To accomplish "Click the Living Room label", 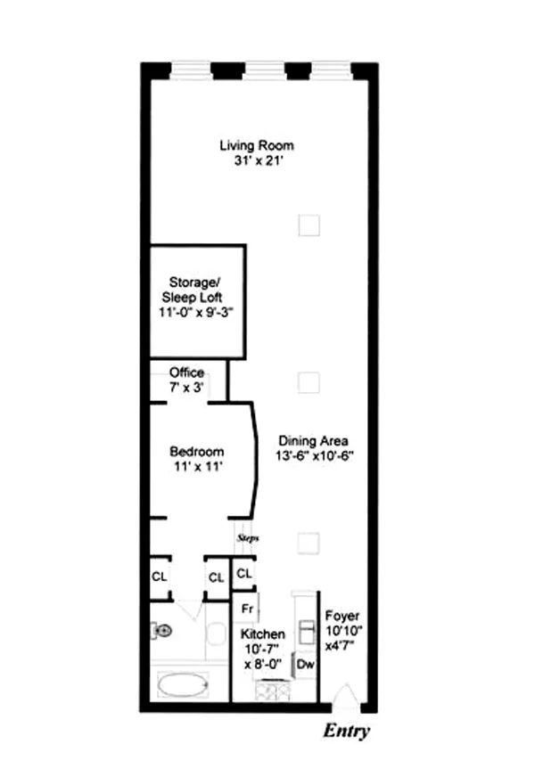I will [257, 145].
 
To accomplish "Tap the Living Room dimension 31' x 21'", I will [257, 161].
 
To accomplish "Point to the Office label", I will [186, 372].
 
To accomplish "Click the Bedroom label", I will [196, 452].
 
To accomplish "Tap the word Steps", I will [247, 538].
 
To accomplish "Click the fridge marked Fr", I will [246, 608].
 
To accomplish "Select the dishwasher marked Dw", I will [305, 664].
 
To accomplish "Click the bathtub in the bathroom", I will [183, 686].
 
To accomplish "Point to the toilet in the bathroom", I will [161, 631].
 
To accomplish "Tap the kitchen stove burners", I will [273, 691].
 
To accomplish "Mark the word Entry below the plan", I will [345, 732].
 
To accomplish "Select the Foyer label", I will [342, 616].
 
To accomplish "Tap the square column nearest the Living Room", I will [309, 225].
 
